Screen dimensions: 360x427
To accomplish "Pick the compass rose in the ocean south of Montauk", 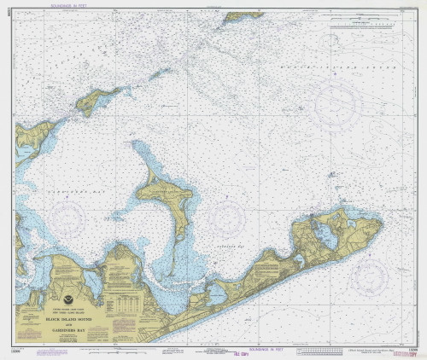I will click(x=371, y=275).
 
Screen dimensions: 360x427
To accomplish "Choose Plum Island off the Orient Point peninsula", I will click(x=101, y=101).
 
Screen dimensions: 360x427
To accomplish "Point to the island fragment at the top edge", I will click(x=243, y=15).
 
